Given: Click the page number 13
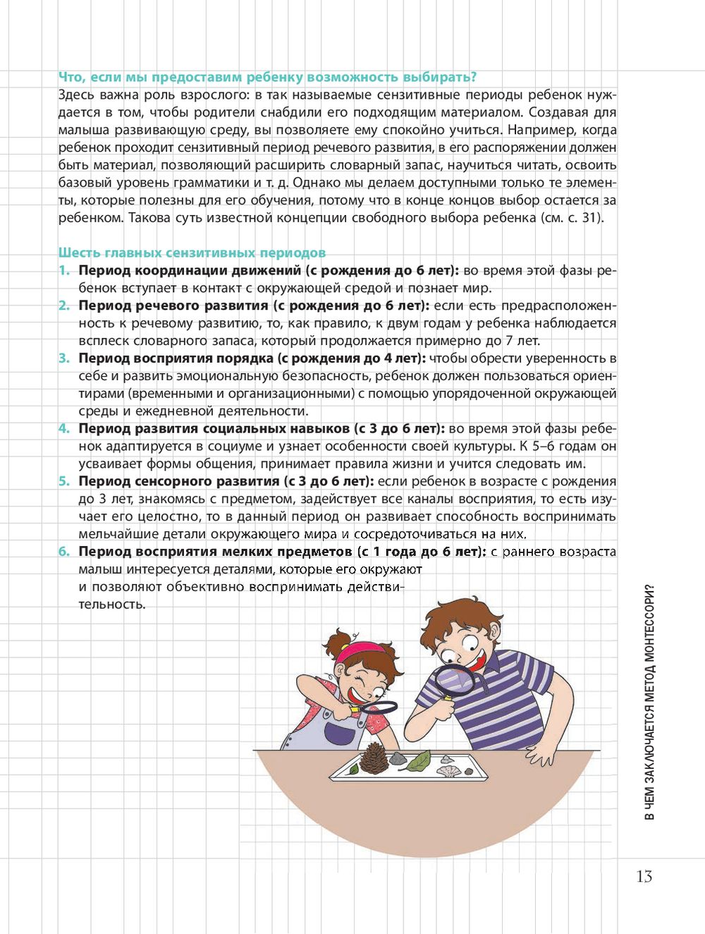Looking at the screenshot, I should tap(644, 876).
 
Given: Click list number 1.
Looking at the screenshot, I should tap(64, 271).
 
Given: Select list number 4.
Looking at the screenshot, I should tap(64, 429).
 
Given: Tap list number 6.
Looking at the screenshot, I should tap(64, 552).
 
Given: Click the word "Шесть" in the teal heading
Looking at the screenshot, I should tap(79, 253).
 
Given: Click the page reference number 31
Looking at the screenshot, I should tap(589, 218).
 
